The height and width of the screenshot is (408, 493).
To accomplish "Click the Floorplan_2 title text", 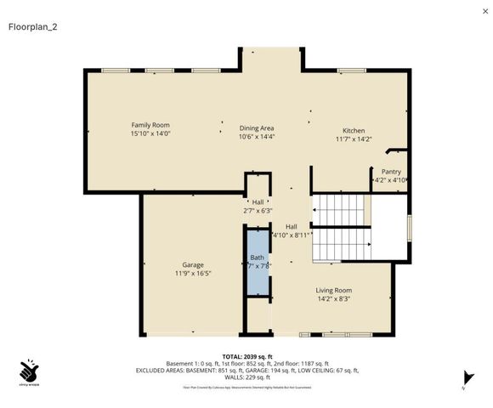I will (32, 26).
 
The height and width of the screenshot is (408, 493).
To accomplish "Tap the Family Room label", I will (150, 125).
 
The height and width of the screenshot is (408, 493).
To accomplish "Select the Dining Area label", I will (257, 127).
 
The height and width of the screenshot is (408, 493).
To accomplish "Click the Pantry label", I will (391, 171).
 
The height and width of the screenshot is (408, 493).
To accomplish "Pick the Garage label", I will (192, 264).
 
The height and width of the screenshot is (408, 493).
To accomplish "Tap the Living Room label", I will (334, 290).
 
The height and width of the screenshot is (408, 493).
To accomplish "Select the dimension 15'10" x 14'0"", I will (150, 133).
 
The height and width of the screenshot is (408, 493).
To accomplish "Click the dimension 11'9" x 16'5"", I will (192, 273).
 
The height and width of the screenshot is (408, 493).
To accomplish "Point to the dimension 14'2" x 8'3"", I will (334, 298).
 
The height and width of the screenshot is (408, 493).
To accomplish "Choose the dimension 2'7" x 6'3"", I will (258, 210).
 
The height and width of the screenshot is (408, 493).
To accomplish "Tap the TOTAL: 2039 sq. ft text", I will (246, 356).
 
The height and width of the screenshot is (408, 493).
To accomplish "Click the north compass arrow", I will (466, 377).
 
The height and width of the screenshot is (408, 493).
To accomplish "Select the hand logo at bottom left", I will (30, 371).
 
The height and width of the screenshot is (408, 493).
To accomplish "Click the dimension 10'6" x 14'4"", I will (257, 135).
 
